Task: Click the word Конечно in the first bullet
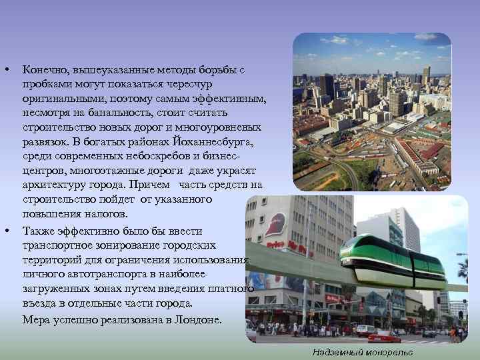point(44,69)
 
